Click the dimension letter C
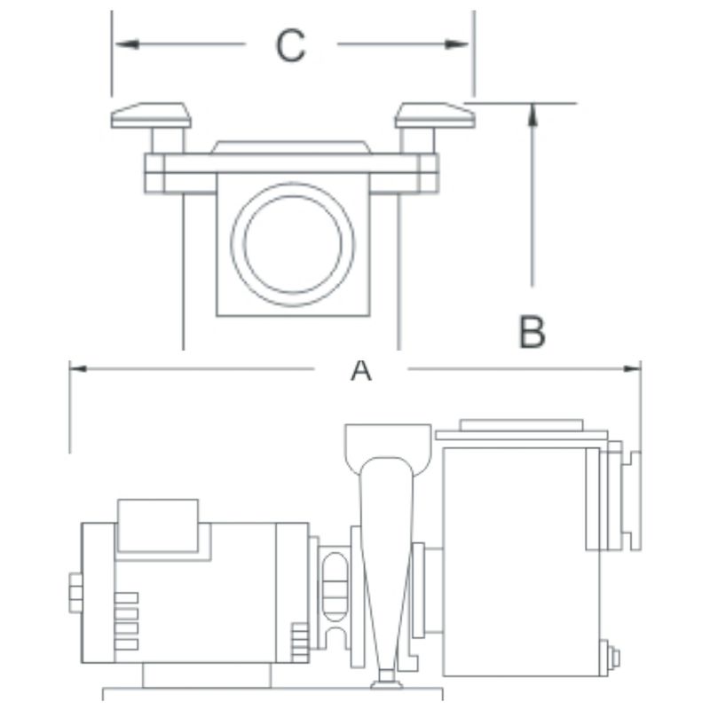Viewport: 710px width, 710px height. click(x=291, y=45)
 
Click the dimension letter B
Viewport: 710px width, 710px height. click(x=532, y=331)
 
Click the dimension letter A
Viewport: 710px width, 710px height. click(x=361, y=369)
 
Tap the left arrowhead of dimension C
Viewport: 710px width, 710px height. click(x=127, y=44)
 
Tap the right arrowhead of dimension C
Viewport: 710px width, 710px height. click(x=456, y=44)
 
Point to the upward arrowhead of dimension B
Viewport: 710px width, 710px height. click(x=533, y=114)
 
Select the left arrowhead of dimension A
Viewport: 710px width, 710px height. click(x=78, y=368)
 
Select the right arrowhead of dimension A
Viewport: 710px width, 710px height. click(x=632, y=368)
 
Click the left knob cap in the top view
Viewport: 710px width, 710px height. click(x=151, y=115)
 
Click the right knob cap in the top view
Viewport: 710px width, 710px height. click(x=435, y=115)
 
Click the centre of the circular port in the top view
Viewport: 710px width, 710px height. click(x=293, y=244)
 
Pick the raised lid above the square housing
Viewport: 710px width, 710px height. click(x=291, y=147)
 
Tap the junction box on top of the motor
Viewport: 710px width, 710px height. click(x=158, y=525)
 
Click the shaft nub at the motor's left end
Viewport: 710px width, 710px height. click(x=75, y=593)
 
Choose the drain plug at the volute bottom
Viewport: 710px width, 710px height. click(x=386, y=679)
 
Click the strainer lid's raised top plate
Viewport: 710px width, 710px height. click(x=521, y=425)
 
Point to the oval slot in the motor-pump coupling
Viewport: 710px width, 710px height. click(x=335, y=587)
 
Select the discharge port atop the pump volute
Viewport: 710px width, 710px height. click(x=388, y=448)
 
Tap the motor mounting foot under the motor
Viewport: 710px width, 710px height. click(x=207, y=675)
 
